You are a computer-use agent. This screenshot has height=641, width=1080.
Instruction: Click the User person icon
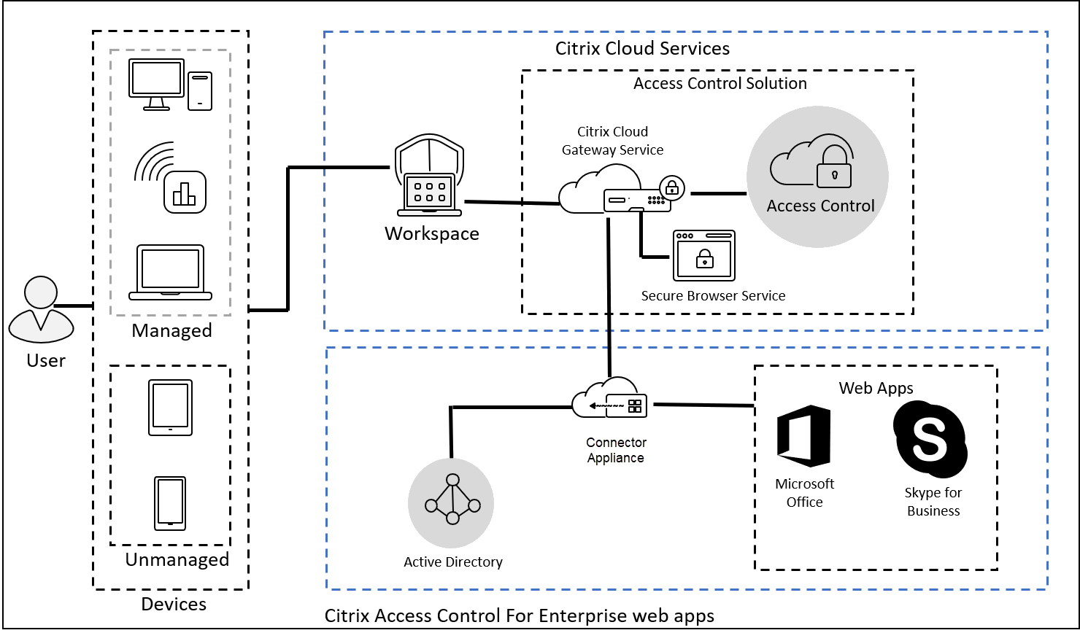41,310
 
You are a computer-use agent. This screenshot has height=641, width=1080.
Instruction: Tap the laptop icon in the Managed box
171,273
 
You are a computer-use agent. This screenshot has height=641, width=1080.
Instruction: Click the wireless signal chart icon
171,179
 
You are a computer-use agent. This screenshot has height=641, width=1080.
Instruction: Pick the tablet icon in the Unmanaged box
170,408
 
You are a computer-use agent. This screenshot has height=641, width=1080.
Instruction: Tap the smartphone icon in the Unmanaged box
170,503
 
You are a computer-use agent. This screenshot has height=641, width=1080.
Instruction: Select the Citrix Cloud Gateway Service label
612,141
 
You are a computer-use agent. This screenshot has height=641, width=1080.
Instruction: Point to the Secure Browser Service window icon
703,256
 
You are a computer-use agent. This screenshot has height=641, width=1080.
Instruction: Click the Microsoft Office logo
804,436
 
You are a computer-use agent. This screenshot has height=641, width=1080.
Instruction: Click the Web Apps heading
876,388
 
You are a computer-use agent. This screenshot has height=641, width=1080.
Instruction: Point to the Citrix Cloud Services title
642,49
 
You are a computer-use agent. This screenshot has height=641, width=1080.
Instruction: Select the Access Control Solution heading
720,84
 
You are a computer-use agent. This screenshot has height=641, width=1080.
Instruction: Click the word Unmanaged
177,559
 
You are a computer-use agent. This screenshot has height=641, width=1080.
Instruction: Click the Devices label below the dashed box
174,604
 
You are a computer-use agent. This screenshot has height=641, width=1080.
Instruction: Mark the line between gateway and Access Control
718,193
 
